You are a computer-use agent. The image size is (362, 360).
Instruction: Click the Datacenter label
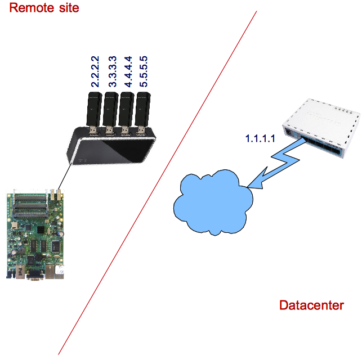point(311,305)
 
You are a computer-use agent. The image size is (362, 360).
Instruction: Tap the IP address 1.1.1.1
point(260,137)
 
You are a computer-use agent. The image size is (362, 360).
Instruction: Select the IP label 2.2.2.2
point(96,71)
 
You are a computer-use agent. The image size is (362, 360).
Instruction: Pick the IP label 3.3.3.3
point(112,71)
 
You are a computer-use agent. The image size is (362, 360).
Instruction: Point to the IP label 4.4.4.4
point(128,71)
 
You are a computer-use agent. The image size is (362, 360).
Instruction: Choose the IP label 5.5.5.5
point(145,71)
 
